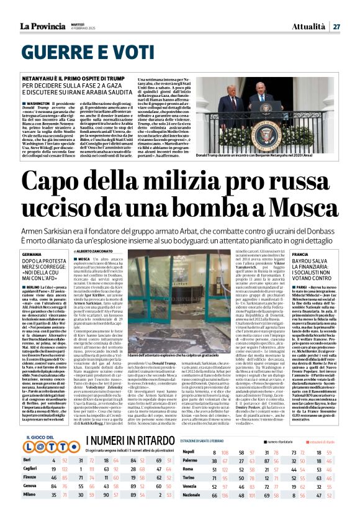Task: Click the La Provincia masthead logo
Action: pos(47,26)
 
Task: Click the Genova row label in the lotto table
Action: pos(30,501)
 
